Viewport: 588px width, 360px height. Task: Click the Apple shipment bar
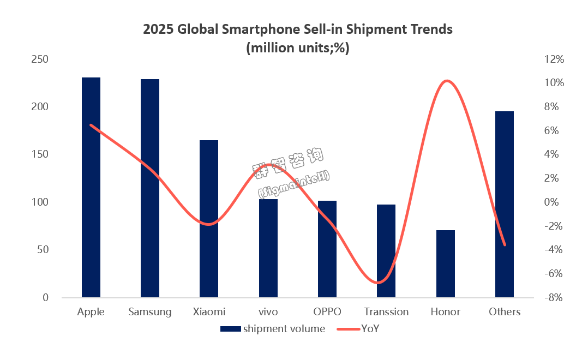click(91, 188)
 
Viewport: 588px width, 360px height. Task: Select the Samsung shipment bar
click(150, 188)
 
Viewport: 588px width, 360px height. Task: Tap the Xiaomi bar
click(209, 219)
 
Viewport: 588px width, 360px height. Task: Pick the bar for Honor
click(445, 264)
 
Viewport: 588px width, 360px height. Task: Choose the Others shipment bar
click(504, 205)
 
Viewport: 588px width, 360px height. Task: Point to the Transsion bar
click(386, 251)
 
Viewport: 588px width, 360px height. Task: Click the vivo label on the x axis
click(268, 312)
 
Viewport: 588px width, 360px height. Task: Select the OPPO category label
click(327, 312)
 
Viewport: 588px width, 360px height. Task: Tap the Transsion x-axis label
click(386, 312)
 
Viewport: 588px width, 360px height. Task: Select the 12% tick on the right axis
click(553, 59)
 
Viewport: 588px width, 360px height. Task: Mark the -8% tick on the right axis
click(553, 298)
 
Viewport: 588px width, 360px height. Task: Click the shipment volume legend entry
click(284, 328)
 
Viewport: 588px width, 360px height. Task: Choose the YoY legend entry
click(369, 328)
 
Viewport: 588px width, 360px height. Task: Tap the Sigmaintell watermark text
click(293, 184)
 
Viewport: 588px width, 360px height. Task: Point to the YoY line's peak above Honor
click(446, 81)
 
